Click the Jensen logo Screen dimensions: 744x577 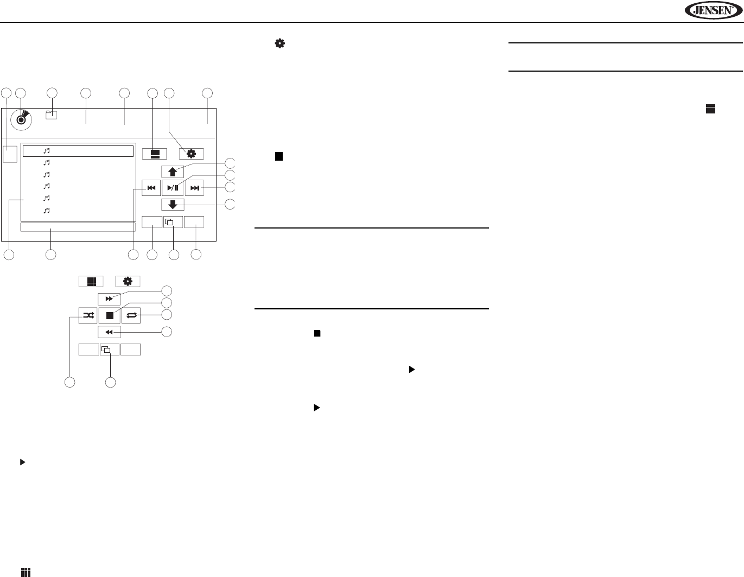(713, 10)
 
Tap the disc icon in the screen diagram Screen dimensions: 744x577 (21, 119)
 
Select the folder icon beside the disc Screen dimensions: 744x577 (52, 115)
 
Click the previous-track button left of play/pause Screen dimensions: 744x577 (151, 188)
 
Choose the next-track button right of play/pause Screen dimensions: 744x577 (194, 188)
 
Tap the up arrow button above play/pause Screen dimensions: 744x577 (173, 172)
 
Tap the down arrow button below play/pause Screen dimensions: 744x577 (173, 205)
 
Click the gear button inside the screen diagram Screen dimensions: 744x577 (191, 154)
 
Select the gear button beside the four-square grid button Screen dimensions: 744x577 (128, 282)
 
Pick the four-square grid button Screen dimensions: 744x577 (91, 282)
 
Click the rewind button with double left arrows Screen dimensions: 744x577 (109, 332)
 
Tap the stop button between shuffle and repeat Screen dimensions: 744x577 (110, 315)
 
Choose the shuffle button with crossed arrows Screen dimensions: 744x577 (88, 315)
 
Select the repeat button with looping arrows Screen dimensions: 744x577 (131, 315)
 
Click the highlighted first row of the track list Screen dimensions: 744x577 (78, 151)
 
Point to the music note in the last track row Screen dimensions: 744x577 (47, 210)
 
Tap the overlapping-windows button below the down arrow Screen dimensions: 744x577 (173, 222)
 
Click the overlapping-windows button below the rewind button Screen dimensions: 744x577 (110, 350)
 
